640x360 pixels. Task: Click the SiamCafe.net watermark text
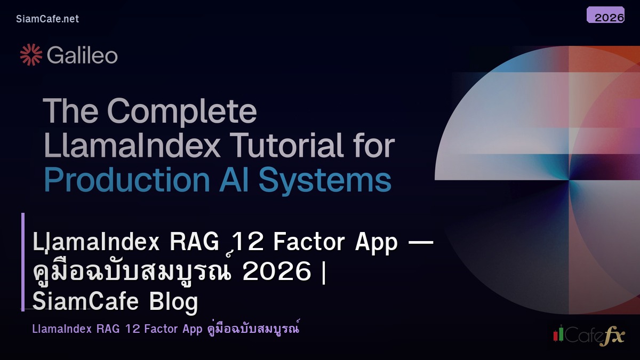(x=47, y=19)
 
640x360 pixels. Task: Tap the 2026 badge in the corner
(x=605, y=16)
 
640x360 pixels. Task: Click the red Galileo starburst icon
(x=31, y=55)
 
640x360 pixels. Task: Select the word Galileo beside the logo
(x=82, y=55)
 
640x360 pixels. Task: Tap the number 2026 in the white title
(x=276, y=272)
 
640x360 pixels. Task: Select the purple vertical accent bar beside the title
(x=23, y=261)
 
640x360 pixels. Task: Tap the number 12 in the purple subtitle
(x=132, y=329)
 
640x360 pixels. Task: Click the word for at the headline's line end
(x=373, y=146)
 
